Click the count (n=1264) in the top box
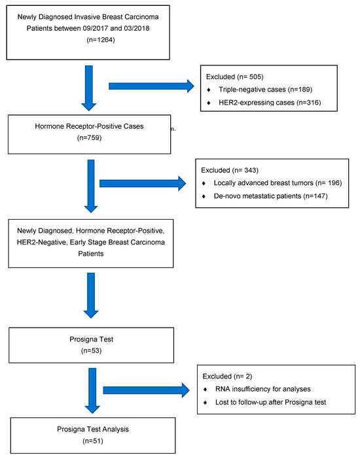pos(101,40)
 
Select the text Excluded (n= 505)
pos(234,76)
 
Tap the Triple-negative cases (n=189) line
pos(265,90)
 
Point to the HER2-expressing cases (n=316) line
pos(270,103)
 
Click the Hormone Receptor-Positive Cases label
pos(89,126)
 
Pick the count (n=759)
pos(89,137)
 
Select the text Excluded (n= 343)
pos(230,170)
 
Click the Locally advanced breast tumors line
pos(278,183)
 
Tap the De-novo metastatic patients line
pos(270,196)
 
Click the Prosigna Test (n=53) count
pos(91,350)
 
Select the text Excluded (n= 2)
pos(227,376)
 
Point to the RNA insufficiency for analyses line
pos(262,389)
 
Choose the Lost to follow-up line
pos(270,402)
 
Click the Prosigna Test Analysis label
pos(93,429)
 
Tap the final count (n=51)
pos(93,441)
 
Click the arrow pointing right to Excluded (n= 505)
pos(151,86)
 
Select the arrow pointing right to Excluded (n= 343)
pos(143,184)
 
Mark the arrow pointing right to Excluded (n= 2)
pos(146,390)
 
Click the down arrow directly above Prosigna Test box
pos(91,296)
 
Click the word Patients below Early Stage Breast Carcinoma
pos(91,254)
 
